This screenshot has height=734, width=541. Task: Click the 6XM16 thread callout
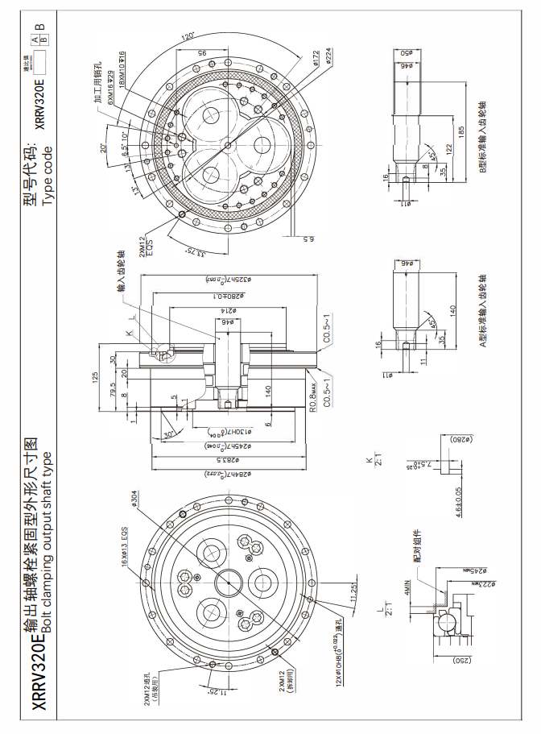click(109, 102)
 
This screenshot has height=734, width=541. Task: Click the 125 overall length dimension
click(94, 375)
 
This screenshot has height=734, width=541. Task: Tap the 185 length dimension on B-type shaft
click(461, 130)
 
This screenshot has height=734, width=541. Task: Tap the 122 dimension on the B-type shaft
click(444, 150)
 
